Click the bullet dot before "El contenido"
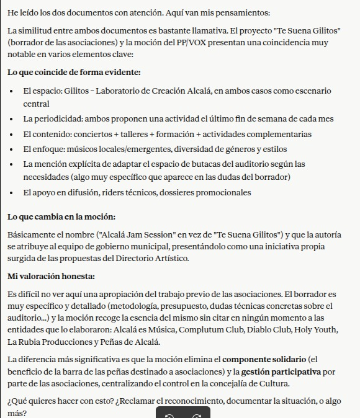[x=12, y=135]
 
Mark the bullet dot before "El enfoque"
[x=12, y=149]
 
